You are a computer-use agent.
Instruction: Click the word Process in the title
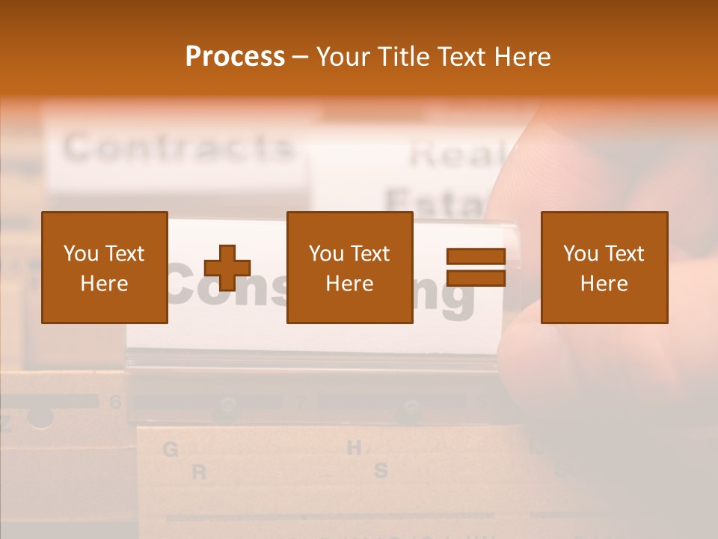235,57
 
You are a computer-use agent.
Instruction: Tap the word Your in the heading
343,57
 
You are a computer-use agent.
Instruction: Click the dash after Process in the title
301,58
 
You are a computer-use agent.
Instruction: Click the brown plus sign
227,268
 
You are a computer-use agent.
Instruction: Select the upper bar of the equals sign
476,257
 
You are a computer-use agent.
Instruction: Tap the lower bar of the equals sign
476,278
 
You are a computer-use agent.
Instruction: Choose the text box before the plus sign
104,267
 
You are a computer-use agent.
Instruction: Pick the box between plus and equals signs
349,267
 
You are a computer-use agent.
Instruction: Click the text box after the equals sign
604,267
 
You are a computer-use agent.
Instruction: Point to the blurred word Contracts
178,147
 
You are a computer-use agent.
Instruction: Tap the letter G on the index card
171,450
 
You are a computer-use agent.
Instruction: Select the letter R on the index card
199,472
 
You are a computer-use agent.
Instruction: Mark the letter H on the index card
355,448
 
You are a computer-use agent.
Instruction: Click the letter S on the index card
381,471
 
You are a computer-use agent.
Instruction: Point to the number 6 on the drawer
114,402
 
